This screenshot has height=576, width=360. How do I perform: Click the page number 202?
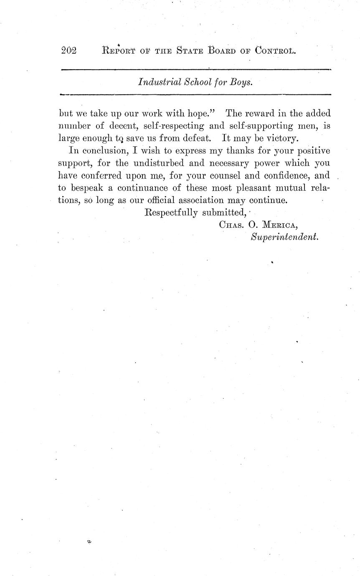click(x=69, y=51)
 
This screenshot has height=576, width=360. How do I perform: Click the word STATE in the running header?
click(x=190, y=51)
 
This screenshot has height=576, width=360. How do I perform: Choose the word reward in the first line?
click(x=266, y=114)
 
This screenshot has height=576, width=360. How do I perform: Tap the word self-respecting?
click(x=174, y=126)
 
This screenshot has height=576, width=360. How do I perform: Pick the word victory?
click(x=280, y=138)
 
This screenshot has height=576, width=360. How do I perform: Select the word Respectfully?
click(x=171, y=212)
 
